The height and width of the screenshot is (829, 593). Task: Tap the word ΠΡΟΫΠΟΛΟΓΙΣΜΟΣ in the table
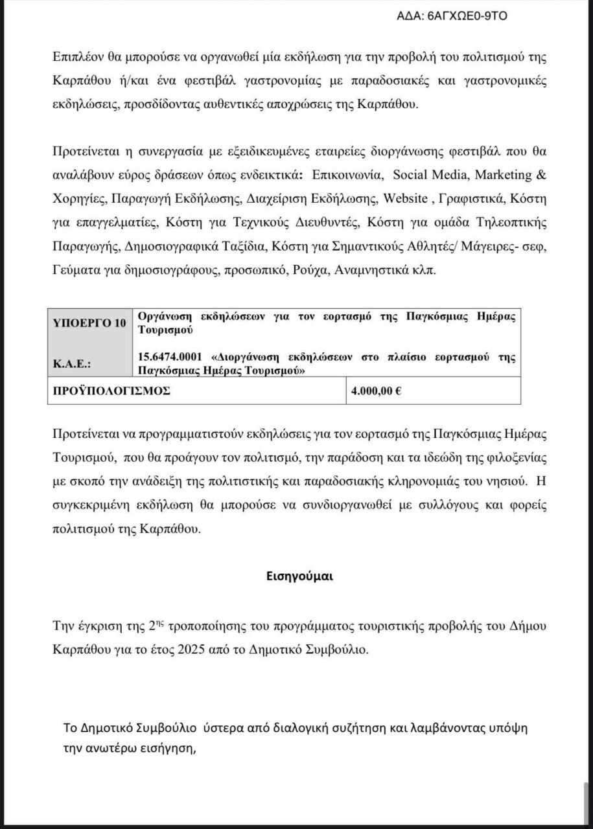(x=111, y=391)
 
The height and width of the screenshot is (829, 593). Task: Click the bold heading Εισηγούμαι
(x=296, y=574)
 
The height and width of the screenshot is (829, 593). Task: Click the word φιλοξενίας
(x=511, y=458)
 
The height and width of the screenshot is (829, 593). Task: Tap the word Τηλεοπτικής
(x=507, y=222)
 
